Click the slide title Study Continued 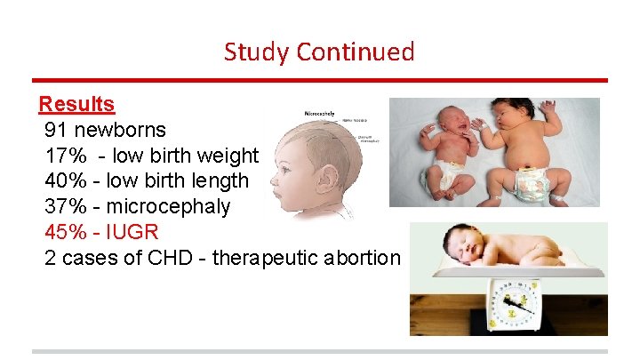(319, 52)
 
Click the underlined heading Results (76, 104)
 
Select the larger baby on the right (529, 147)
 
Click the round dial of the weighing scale (508, 303)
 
